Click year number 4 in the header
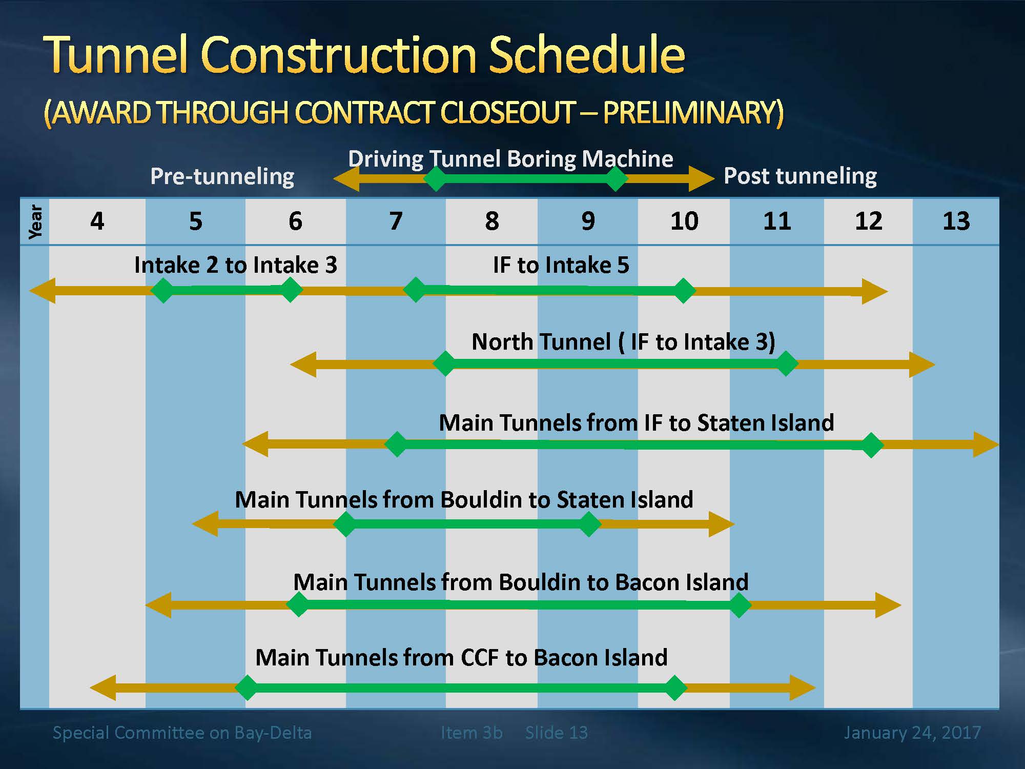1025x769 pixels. pos(97,221)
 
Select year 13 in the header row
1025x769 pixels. pos(956,221)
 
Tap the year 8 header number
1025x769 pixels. pos(492,221)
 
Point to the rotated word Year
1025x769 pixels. pos(35,221)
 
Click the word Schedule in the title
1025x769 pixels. pos(587,54)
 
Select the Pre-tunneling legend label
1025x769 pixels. pos(222,176)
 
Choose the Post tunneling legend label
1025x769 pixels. pos(800,176)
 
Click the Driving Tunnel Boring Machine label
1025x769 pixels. pos(510,159)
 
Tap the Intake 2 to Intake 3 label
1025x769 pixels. pos(236,265)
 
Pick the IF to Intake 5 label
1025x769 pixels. pos(561,265)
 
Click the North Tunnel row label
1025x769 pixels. pos(623,342)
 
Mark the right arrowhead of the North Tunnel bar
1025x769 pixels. pos(922,365)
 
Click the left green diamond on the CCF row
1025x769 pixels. pos(247,687)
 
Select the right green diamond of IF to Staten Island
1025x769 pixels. pos(871,445)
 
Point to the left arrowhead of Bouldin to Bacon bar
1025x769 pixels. pos(158,605)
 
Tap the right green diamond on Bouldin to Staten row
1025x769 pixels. pos(589,524)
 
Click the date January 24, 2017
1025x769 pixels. pos(912,733)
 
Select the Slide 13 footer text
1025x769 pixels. pos(557,733)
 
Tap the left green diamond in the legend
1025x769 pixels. pos(436,178)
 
